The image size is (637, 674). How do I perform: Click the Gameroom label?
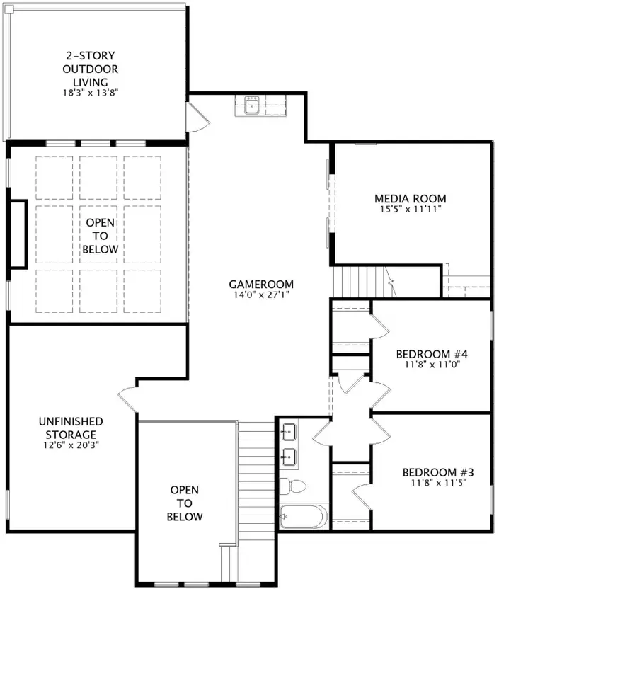pyautogui.click(x=261, y=285)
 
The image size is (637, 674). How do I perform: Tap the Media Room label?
pyautogui.click(x=411, y=199)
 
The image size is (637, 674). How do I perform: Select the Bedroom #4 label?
pyautogui.click(x=432, y=354)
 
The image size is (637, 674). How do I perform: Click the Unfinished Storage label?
pyautogui.click(x=71, y=428)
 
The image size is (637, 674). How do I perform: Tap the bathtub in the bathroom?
pyautogui.click(x=304, y=517)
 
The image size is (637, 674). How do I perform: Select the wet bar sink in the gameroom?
pyautogui.click(x=253, y=108)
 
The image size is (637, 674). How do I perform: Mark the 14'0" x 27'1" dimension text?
pyautogui.click(x=261, y=295)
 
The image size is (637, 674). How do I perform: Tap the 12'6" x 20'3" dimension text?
pyautogui.click(x=71, y=446)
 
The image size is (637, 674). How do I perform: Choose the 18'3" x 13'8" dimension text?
pyautogui.click(x=90, y=92)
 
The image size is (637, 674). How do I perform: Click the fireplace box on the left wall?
pyautogui.click(x=18, y=234)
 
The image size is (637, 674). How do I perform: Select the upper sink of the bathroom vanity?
pyautogui.click(x=288, y=431)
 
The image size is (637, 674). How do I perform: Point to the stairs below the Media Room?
pyautogui.click(x=361, y=281)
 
